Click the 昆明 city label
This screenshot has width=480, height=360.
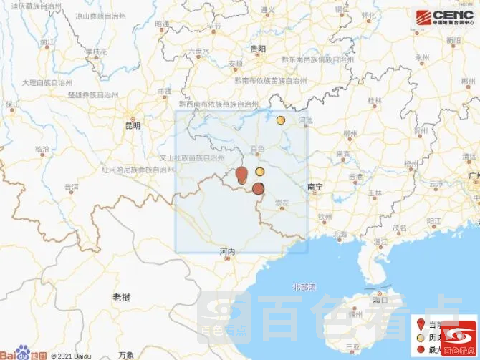[x=133, y=125]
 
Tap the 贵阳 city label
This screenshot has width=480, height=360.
[x=258, y=49]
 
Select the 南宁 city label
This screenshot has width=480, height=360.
[x=315, y=186]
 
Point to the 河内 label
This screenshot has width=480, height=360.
[x=228, y=251]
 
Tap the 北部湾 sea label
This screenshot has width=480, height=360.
[x=304, y=286]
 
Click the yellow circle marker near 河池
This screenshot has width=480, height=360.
[x=281, y=120]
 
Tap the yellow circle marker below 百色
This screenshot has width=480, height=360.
[x=259, y=172]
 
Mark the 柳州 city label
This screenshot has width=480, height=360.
[x=350, y=133]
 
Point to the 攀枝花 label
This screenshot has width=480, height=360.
[x=95, y=52]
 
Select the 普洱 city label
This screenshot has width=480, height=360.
[x=71, y=187]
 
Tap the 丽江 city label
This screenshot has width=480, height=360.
[x=47, y=42]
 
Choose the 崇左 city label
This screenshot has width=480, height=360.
[x=282, y=204]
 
